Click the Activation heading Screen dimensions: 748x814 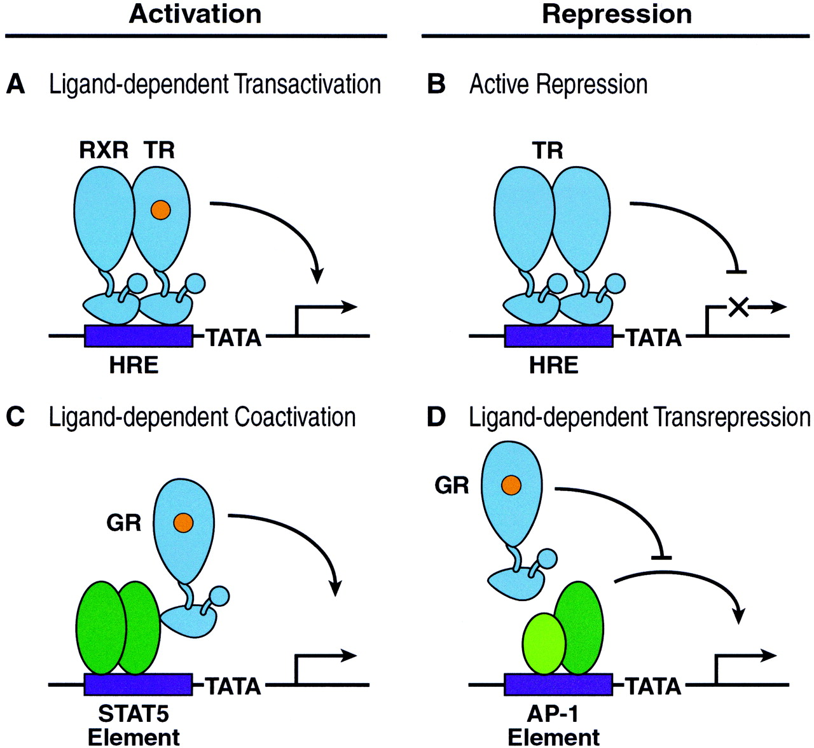coord(195,14)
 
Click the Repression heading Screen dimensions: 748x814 coord(616,14)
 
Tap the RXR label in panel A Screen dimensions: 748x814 coord(104,150)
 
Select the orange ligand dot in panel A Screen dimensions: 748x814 coord(161,209)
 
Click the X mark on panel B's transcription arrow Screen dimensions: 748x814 coord(737,307)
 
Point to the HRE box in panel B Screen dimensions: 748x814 coord(558,336)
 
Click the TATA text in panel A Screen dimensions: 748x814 coord(235,338)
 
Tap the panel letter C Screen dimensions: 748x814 coord(15,417)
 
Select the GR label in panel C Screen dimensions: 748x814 coord(124,523)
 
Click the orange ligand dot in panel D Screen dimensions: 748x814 coord(511,485)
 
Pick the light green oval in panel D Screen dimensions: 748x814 coord(544,642)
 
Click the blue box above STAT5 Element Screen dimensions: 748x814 coord(138,684)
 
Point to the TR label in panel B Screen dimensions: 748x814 coord(548,151)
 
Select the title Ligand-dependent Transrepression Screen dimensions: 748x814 coord(639,418)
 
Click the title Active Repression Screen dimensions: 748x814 coord(558,85)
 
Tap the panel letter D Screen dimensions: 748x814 coord(436,417)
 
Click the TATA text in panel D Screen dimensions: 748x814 coord(654,687)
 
